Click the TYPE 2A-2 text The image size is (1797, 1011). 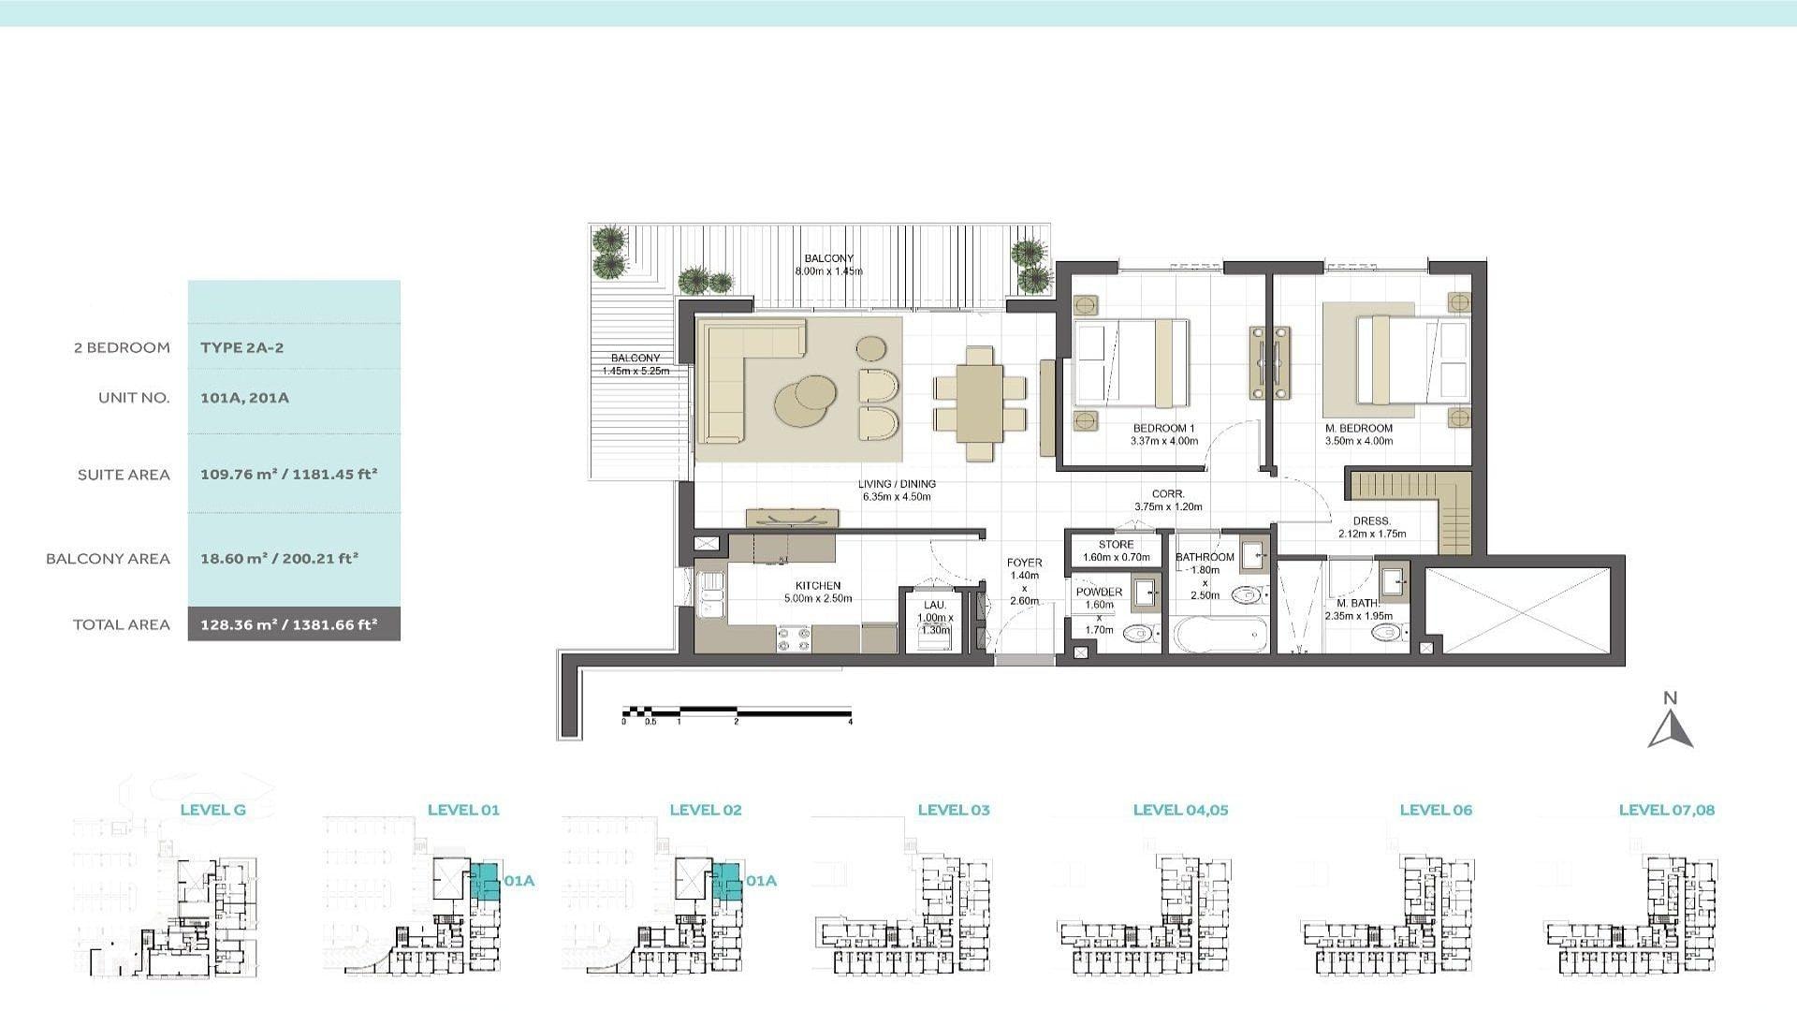[241, 347]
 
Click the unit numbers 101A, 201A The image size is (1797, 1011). [244, 398]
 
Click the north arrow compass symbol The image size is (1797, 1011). [1671, 730]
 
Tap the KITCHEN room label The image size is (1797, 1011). [818, 586]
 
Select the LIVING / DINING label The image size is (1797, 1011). [897, 484]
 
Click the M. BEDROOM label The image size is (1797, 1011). [1359, 429]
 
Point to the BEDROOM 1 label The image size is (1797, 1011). [1163, 429]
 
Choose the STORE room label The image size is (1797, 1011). [1116, 544]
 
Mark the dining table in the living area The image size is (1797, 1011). [980, 403]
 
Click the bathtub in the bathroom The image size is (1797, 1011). [1221, 635]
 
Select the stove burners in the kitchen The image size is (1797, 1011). [794, 639]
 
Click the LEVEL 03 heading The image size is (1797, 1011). [954, 810]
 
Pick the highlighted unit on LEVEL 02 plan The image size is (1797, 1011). [726, 884]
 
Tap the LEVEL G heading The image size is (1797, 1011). [212, 810]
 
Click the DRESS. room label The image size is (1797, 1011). [1372, 521]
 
